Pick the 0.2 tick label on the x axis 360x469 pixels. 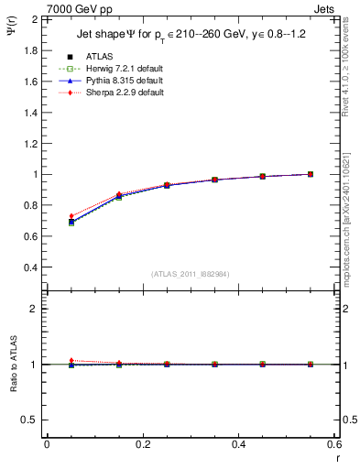tap(142, 444)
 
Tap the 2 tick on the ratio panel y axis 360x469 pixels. tap(34, 309)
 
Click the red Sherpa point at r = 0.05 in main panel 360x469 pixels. tap(47, 216)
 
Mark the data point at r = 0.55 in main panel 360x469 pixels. tap(310, 174)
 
